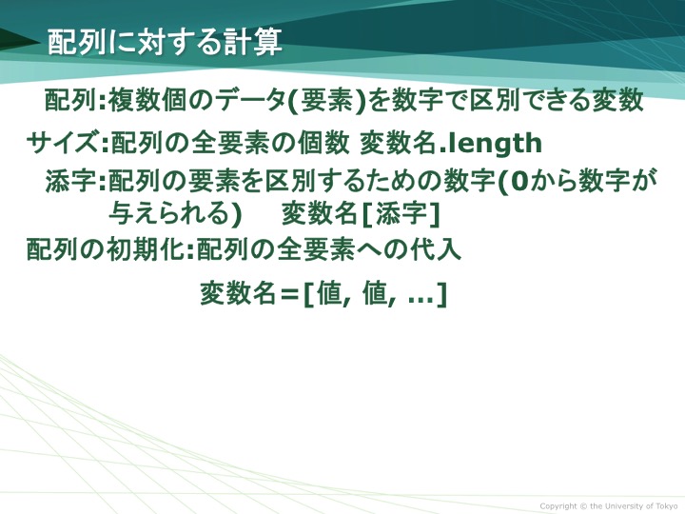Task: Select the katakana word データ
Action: pos(251,100)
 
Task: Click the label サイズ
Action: pos(63,143)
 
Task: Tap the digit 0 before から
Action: pos(519,181)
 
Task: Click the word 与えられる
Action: pos(171,214)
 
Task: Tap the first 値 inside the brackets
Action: pos(329,293)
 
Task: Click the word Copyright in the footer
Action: pos(558,506)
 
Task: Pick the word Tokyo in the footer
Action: pos(667,505)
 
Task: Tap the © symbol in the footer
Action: pos(583,506)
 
